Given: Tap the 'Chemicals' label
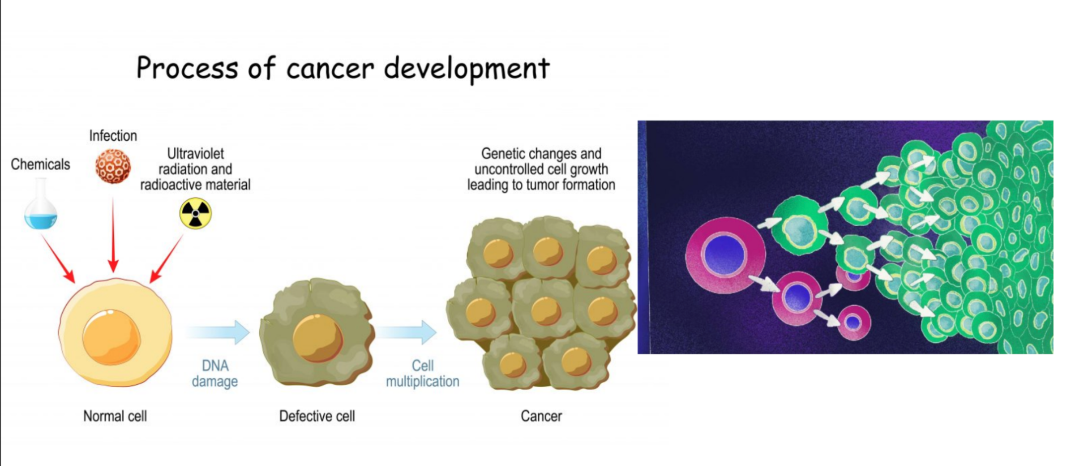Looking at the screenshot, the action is click(x=40, y=164).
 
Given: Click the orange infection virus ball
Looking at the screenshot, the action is click(x=113, y=166).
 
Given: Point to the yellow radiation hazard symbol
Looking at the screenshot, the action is click(x=196, y=213).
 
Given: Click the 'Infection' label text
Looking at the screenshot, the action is click(x=113, y=136).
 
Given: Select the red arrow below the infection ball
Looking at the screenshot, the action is click(x=113, y=235).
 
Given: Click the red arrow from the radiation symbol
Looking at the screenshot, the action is click(x=167, y=259).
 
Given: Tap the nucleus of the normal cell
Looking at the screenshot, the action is click(x=111, y=337).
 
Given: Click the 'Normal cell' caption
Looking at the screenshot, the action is click(x=115, y=416).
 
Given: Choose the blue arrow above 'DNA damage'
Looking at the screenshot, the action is click(x=218, y=332).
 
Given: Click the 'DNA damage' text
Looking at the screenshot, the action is click(x=215, y=373).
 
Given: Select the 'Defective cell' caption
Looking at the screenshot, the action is click(x=317, y=416).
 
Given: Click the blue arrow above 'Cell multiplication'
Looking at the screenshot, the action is click(x=406, y=332).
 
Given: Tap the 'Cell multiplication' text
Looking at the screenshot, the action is click(x=423, y=373).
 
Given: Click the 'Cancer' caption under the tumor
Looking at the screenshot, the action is click(x=541, y=416).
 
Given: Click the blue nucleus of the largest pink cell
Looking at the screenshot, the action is click(x=725, y=255).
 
